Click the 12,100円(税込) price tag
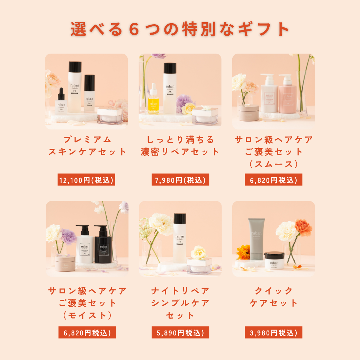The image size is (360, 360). (86, 180)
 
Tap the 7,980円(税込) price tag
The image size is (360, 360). (180, 180)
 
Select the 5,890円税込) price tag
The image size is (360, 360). (180, 333)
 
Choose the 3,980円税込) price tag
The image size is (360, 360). (273, 333)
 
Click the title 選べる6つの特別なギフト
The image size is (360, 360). (180, 29)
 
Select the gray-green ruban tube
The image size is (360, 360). (256, 239)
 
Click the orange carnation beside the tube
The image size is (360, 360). (303, 227)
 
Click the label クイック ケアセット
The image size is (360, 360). (273, 297)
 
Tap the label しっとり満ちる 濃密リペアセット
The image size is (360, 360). (180, 146)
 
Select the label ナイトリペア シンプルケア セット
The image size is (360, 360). (180, 303)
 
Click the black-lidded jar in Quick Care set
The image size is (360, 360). (274, 260)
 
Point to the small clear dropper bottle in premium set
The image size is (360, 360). (60, 102)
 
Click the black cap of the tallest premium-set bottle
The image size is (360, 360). (75, 66)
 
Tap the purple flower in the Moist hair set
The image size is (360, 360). (68, 237)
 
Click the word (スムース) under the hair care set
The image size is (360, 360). (273, 164)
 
